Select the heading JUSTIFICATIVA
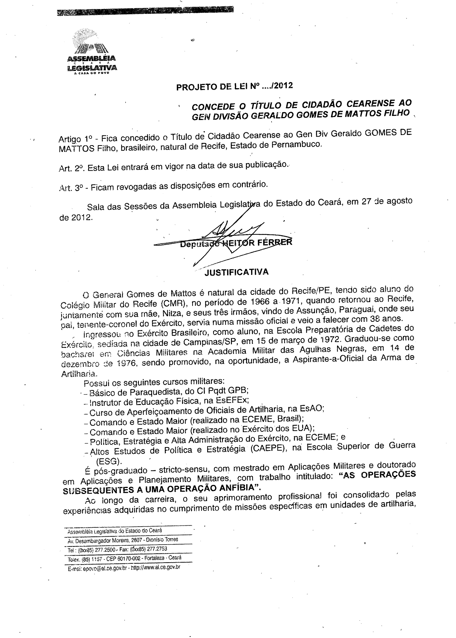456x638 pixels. tap(236, 272)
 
